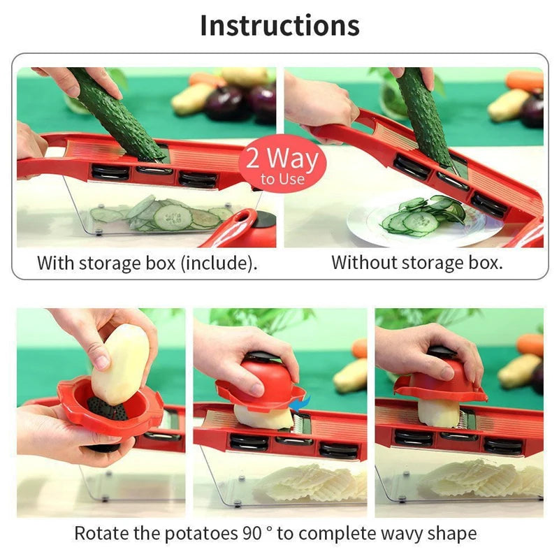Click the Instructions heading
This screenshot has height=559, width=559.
(x=279, y=25)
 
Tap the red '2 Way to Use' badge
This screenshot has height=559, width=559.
(x=282, y=165)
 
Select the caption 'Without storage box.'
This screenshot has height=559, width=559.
(x=416, y=263)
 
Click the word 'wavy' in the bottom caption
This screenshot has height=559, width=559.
(x=398, y=534)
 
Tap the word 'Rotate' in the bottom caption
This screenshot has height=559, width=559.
(x=97, y=534)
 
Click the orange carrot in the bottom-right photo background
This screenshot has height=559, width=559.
(x=530, y=344)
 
